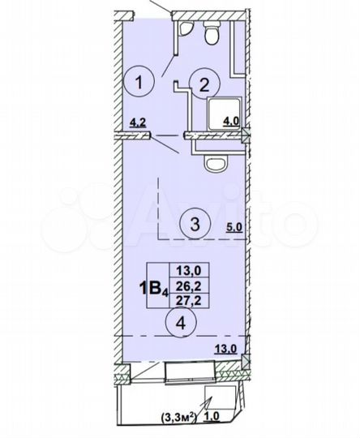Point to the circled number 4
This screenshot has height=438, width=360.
point(180,323)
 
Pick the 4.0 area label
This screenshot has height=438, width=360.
point(232,124)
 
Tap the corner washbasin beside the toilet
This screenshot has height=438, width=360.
point(185,30)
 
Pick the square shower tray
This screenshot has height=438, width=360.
point(218,114)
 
